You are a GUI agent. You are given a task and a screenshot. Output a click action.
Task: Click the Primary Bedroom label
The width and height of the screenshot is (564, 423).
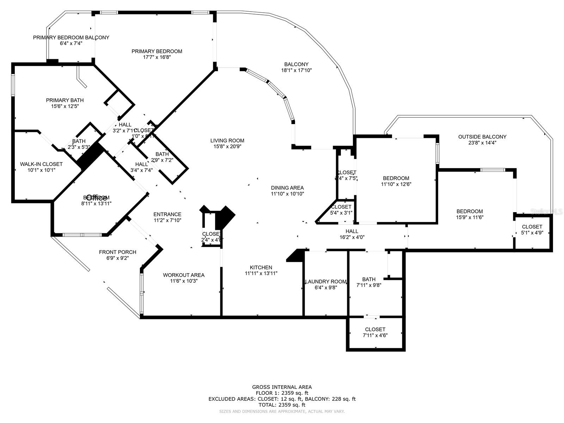157,51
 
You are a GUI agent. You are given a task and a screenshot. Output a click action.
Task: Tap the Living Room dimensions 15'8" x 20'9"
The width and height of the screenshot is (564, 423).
227,146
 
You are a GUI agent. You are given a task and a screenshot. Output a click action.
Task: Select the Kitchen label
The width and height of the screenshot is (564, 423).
261,268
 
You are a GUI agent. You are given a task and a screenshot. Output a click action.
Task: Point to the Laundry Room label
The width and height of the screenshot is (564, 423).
326,282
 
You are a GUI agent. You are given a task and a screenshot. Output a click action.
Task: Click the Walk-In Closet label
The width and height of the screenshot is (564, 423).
41,164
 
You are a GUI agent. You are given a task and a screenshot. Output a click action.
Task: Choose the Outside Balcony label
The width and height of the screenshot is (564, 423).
482,137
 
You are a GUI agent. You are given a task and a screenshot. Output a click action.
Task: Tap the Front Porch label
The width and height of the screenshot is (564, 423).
117,252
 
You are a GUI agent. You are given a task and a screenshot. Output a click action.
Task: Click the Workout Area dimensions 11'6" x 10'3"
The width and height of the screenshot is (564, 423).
183,281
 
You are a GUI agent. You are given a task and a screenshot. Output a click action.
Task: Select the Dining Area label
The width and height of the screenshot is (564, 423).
287,188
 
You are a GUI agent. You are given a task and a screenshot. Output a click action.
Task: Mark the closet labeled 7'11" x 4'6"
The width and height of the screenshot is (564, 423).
375,332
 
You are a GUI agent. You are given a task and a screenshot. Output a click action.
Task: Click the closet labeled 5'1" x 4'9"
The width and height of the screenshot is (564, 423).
532,229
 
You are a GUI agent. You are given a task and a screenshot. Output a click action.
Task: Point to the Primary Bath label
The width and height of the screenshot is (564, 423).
65,100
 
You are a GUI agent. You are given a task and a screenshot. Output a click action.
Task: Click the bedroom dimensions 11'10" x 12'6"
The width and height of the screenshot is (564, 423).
396,184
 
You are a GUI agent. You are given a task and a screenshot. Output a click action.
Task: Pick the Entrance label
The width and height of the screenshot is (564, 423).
167,214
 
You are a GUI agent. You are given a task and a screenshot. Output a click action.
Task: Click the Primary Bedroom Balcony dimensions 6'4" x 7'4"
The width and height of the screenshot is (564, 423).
71,43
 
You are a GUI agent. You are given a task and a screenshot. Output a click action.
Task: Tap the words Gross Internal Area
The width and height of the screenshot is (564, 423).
282,387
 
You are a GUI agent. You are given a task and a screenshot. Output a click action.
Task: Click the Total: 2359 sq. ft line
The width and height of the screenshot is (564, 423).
282,405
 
